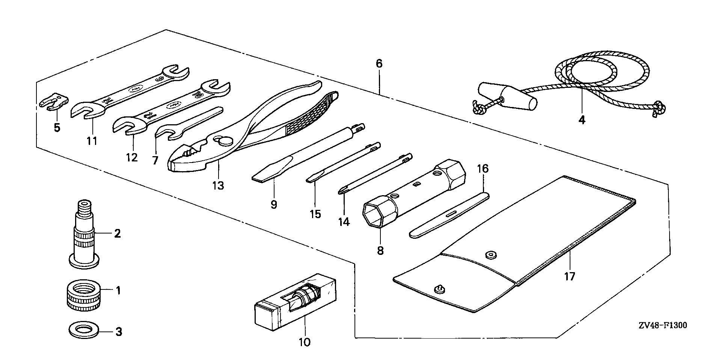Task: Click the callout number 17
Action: (x=569, y=277)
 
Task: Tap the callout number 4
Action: (x=582, y=121)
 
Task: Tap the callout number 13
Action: (x=218, y=185)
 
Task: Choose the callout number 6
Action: (x=379, y=64)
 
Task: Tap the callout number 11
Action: (x=92, y=141)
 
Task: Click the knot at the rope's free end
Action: (x=659, y=108)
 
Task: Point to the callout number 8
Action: (x=380, y=250)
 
